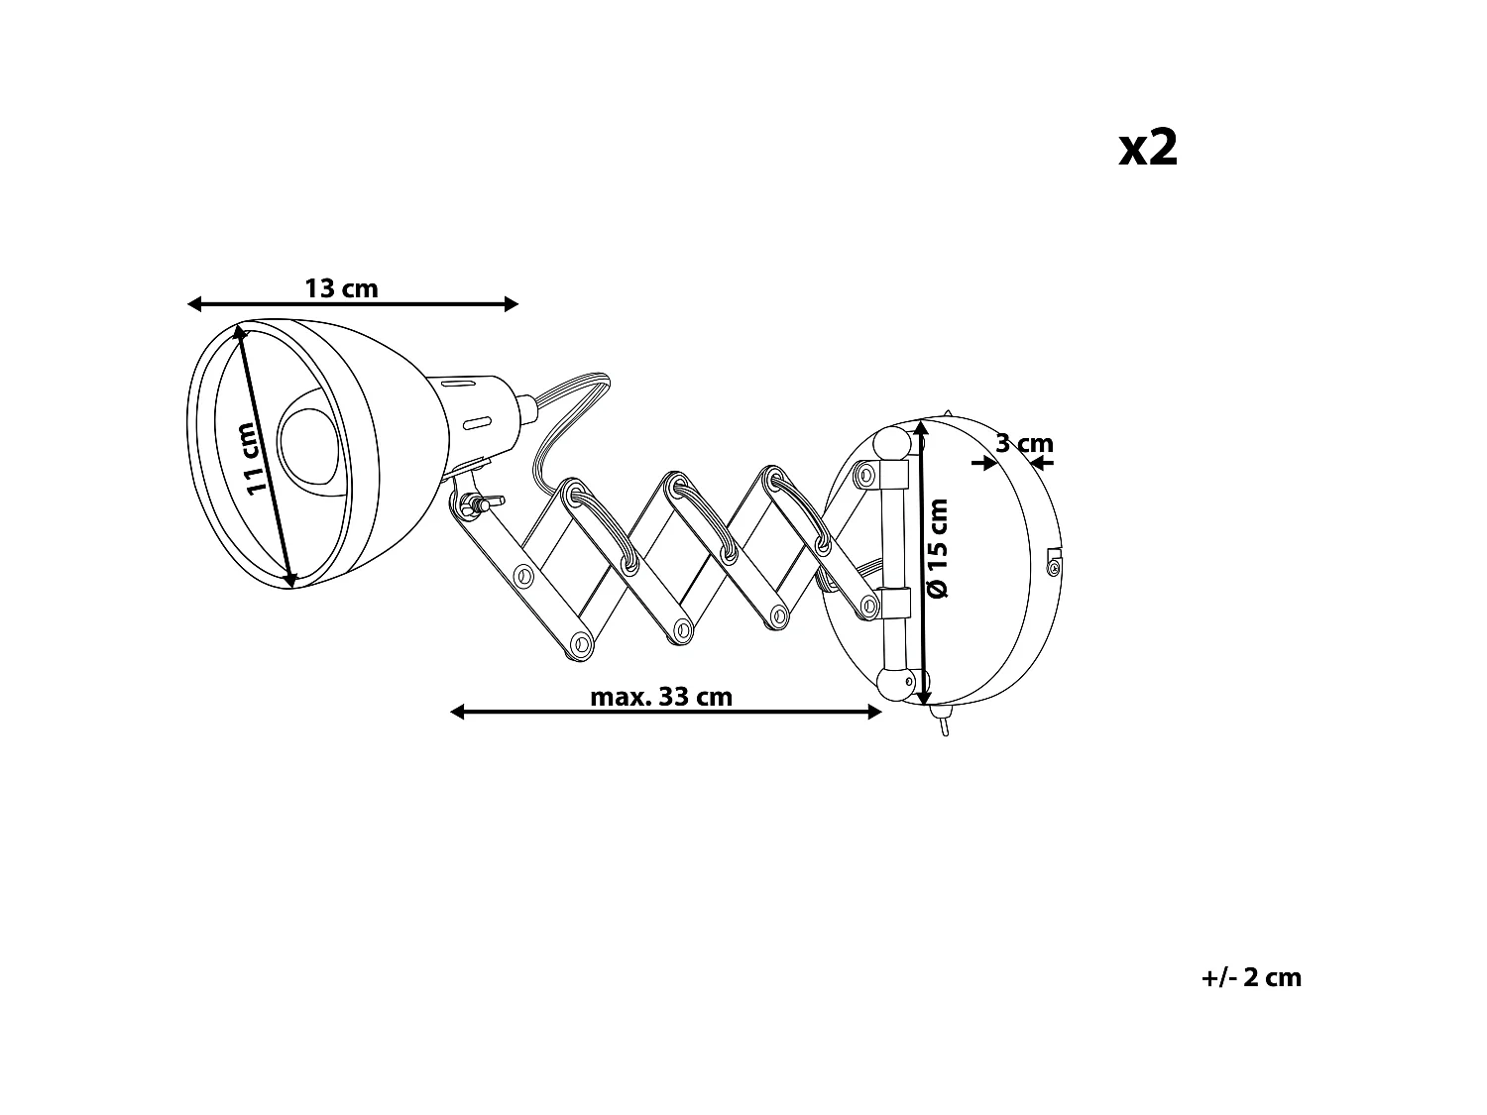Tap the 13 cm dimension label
[341, 288]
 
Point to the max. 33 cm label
[661, 697]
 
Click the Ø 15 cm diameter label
[938, 547]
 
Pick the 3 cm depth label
[1024, 443]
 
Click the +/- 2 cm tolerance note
[1251, 977]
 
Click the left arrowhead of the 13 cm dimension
[194, 304]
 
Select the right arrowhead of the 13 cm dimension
[512, 304]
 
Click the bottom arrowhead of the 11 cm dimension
[289, 581]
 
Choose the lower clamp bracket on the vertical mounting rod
[891, 603]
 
